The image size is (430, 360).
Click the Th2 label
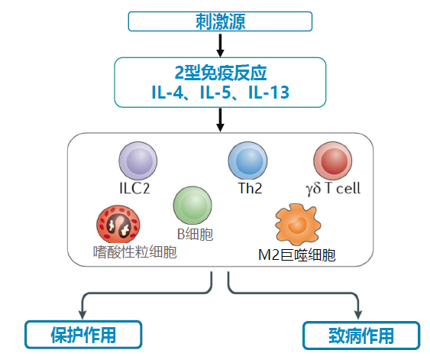pos(247,188)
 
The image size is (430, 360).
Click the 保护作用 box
pos(83,335)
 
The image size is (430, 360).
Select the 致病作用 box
pos(360,335)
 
